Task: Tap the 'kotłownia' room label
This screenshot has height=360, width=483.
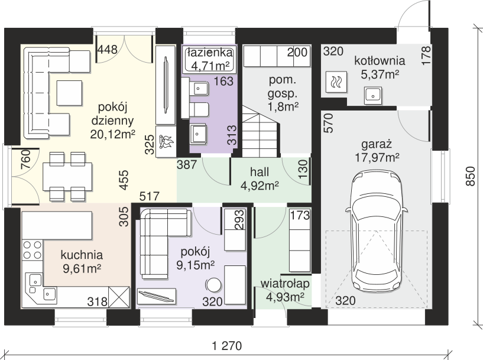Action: click(380, 60)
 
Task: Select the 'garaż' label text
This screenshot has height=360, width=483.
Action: click(377, 145)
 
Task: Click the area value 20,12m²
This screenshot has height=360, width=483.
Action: click(113, 134)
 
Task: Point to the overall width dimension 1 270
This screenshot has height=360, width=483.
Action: click(228, 346)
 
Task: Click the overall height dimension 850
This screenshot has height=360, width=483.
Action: click(471, 176)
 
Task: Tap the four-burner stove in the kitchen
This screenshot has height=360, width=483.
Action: click(33, 249)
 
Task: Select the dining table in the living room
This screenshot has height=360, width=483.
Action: click(67, 177)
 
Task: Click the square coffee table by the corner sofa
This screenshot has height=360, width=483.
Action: click(69, 93)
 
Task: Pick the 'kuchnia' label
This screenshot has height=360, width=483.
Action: click(82, 255)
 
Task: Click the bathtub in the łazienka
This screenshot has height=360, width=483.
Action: click(209, 60)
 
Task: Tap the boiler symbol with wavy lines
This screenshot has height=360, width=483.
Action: click(336, 82)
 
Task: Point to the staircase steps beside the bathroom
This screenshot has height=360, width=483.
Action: click(261, 131)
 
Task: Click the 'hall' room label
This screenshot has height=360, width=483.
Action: click(260, 172)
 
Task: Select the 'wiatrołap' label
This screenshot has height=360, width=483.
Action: click(285, 284)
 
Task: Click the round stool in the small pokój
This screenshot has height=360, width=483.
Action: click(213, 285)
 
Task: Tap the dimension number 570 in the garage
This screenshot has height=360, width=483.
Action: click(329, 123)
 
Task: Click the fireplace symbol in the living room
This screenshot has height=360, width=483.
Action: click(166, 141)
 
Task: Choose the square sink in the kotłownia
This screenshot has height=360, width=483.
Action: click(374, 95)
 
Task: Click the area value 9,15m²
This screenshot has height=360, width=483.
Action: click(196, 265)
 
